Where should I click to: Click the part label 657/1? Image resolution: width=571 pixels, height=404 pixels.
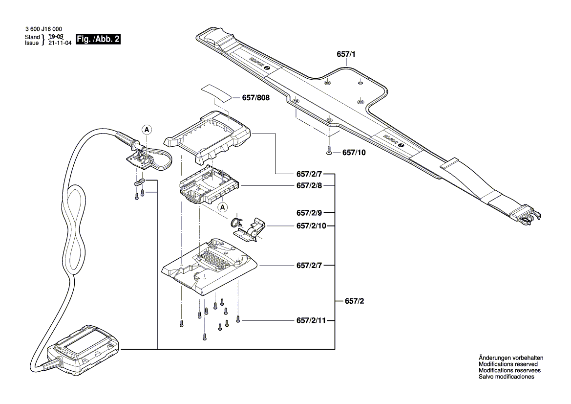pyautogui.click(x=346, y=56)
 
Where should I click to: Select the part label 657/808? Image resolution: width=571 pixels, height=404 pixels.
pyautogui.click(x=255, y=98)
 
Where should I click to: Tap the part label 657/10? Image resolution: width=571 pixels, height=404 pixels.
pyautogui.click(x=354, y=153)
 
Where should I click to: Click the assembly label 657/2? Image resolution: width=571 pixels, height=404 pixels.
pyautogui.click(x=354, y=301)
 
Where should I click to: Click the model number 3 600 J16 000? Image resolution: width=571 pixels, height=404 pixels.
pyautogui.click(x=43, y=30)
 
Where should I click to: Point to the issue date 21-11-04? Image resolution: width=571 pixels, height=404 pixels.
pyautogui.click(x=60, y=43)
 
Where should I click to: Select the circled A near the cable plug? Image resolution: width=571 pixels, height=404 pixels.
pyautogui.click(x=146, y=130)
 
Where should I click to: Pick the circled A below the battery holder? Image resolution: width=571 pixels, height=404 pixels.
pyautogui.click(x=223, y=207)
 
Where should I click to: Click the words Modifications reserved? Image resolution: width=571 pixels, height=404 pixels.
pyautogui.click(x=508, y=364)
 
